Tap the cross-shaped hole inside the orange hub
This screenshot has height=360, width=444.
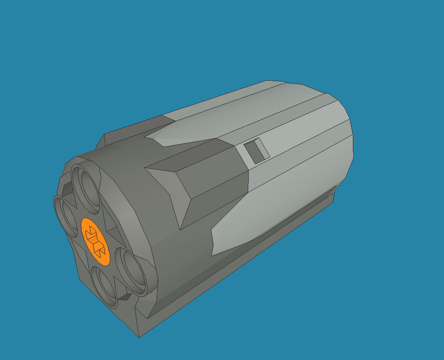click(x=95, y=241)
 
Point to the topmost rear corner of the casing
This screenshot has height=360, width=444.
click(x=270, y=81)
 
